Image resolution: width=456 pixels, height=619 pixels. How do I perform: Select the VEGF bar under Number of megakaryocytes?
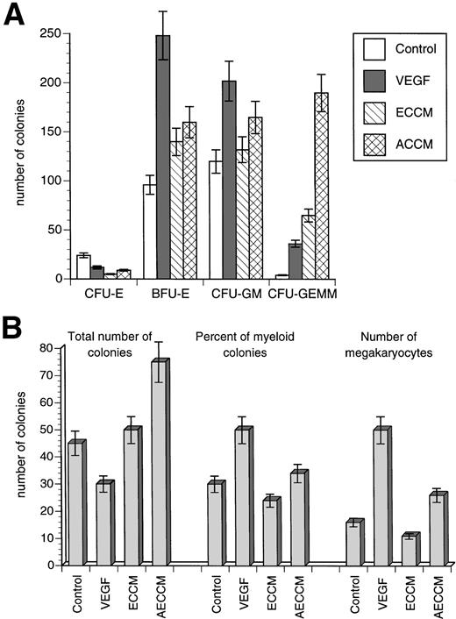pyautogui.click(x=381, y=496)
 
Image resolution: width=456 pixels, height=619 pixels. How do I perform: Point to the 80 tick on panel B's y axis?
pyautogui.click(x=50, y=348)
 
